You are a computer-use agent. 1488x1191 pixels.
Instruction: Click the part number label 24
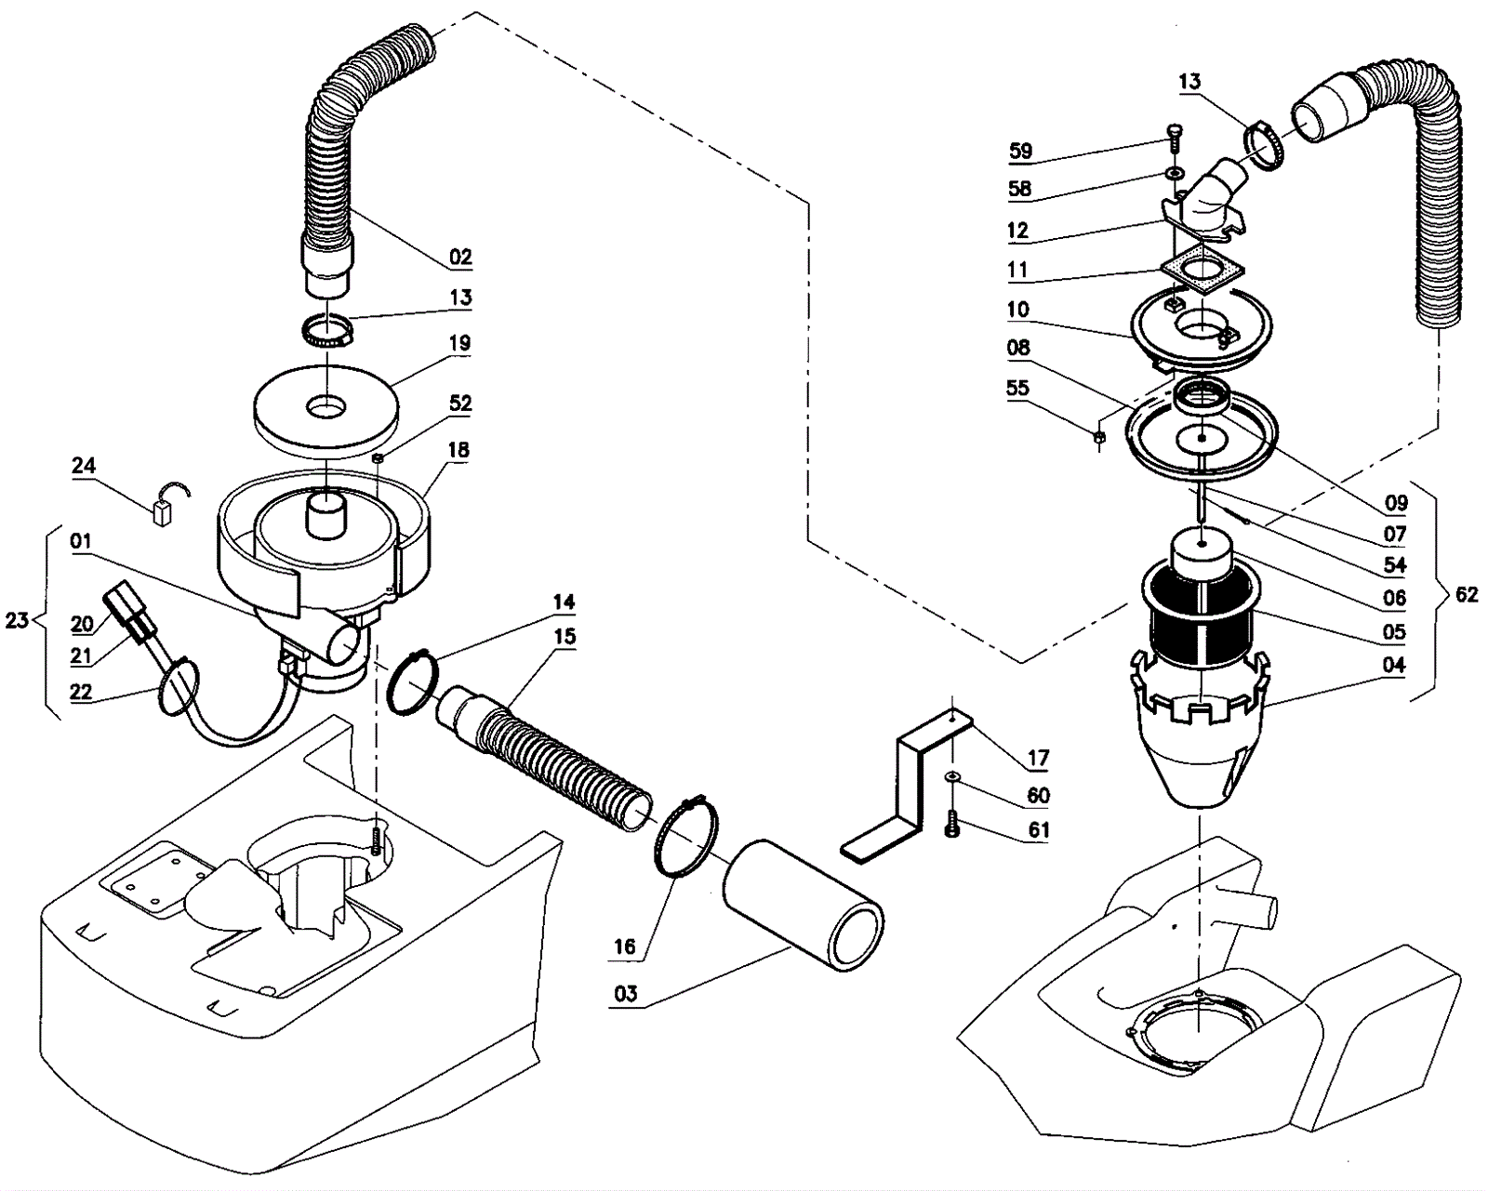(84, 465)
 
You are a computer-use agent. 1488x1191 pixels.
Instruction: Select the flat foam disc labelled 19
(325, 412)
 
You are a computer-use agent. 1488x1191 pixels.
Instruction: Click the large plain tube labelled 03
(803, 906)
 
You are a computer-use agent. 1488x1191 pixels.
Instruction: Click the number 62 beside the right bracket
(1466, 593)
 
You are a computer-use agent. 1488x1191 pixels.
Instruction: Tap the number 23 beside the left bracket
(17, 619)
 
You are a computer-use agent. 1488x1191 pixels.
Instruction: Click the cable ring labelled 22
(179, 686)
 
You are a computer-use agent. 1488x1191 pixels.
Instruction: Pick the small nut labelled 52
(378, 457)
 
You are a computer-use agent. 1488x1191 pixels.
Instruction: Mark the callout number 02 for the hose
(459, 257)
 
